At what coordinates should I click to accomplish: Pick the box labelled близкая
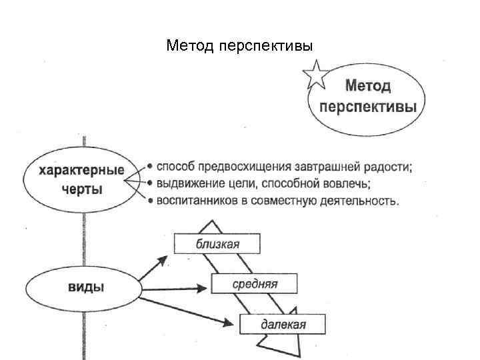(217, 243)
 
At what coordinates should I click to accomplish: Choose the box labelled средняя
(255, 284)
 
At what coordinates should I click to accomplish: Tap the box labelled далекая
(283, 325)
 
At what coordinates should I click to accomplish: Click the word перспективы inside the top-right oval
(368, 107)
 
